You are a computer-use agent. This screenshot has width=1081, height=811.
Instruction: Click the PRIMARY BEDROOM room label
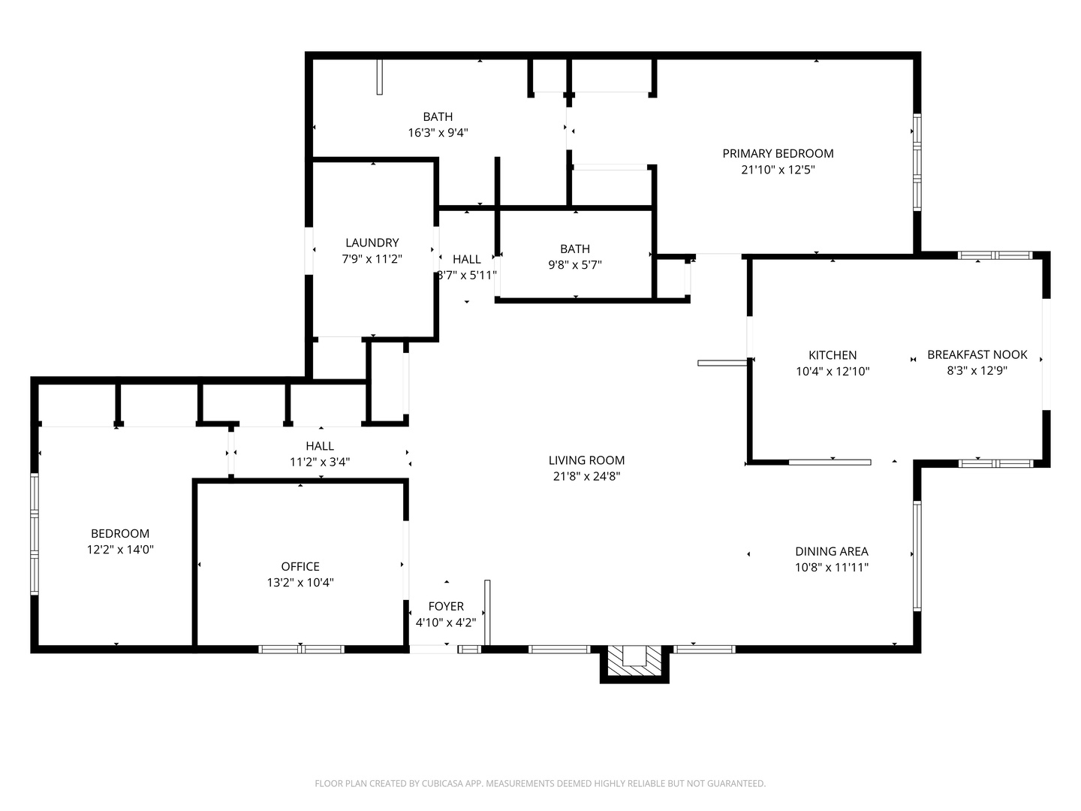778,154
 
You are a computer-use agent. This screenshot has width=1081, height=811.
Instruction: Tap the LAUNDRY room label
372,243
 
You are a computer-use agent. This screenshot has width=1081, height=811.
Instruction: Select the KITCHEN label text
833,355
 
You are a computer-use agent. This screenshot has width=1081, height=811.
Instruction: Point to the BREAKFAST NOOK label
977,354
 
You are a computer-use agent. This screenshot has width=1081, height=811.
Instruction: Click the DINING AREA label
831,551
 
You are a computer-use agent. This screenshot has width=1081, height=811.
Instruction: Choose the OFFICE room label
300,566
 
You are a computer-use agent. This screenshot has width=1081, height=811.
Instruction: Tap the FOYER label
446,606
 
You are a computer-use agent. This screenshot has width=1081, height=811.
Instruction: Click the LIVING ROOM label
586,460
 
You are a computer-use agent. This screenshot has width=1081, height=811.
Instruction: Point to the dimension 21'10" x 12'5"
778,170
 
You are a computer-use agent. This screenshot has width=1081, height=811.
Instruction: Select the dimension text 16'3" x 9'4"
438,133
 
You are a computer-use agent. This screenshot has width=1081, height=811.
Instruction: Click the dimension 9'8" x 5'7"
575,265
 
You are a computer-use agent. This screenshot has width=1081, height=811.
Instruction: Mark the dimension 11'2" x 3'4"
320,462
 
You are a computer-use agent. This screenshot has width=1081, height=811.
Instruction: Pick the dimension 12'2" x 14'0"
120,550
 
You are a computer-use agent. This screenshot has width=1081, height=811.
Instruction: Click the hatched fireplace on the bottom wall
634,661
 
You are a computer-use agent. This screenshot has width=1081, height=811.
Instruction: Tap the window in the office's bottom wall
301,650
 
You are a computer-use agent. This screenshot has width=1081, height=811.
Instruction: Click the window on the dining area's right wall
917,556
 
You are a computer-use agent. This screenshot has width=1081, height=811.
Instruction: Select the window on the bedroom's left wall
35,534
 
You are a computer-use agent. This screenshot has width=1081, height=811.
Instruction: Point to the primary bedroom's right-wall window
917,162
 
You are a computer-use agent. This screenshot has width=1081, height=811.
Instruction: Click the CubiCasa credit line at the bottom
540,783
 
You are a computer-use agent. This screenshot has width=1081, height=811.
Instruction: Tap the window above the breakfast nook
995,255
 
